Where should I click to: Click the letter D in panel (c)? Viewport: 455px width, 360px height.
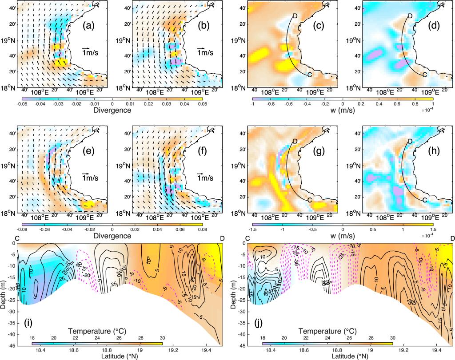pyautogui.click(x=295, y=16)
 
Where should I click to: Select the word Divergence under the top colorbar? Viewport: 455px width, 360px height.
pyautogui.click(x=113, y=111)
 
